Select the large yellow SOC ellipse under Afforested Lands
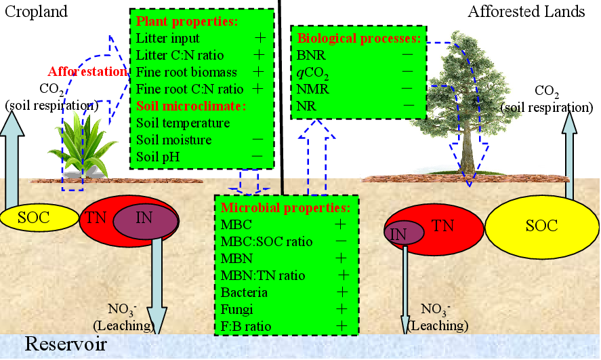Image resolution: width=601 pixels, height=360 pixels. tap(541, 226)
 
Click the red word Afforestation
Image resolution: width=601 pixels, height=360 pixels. tap(87, 71)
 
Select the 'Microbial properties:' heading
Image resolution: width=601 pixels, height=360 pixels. tap(285, 208)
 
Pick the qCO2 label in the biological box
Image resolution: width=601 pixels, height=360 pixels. tap(312, 71)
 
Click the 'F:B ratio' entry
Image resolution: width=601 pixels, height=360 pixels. tap(247, 326)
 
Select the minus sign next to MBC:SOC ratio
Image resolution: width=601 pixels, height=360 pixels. tap(341, 241)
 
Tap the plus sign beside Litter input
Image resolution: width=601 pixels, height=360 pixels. tap(257, 38)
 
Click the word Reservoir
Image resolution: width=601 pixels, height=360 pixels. tap(66, 344)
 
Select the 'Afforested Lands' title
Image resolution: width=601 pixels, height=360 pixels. tap(526, 12)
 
